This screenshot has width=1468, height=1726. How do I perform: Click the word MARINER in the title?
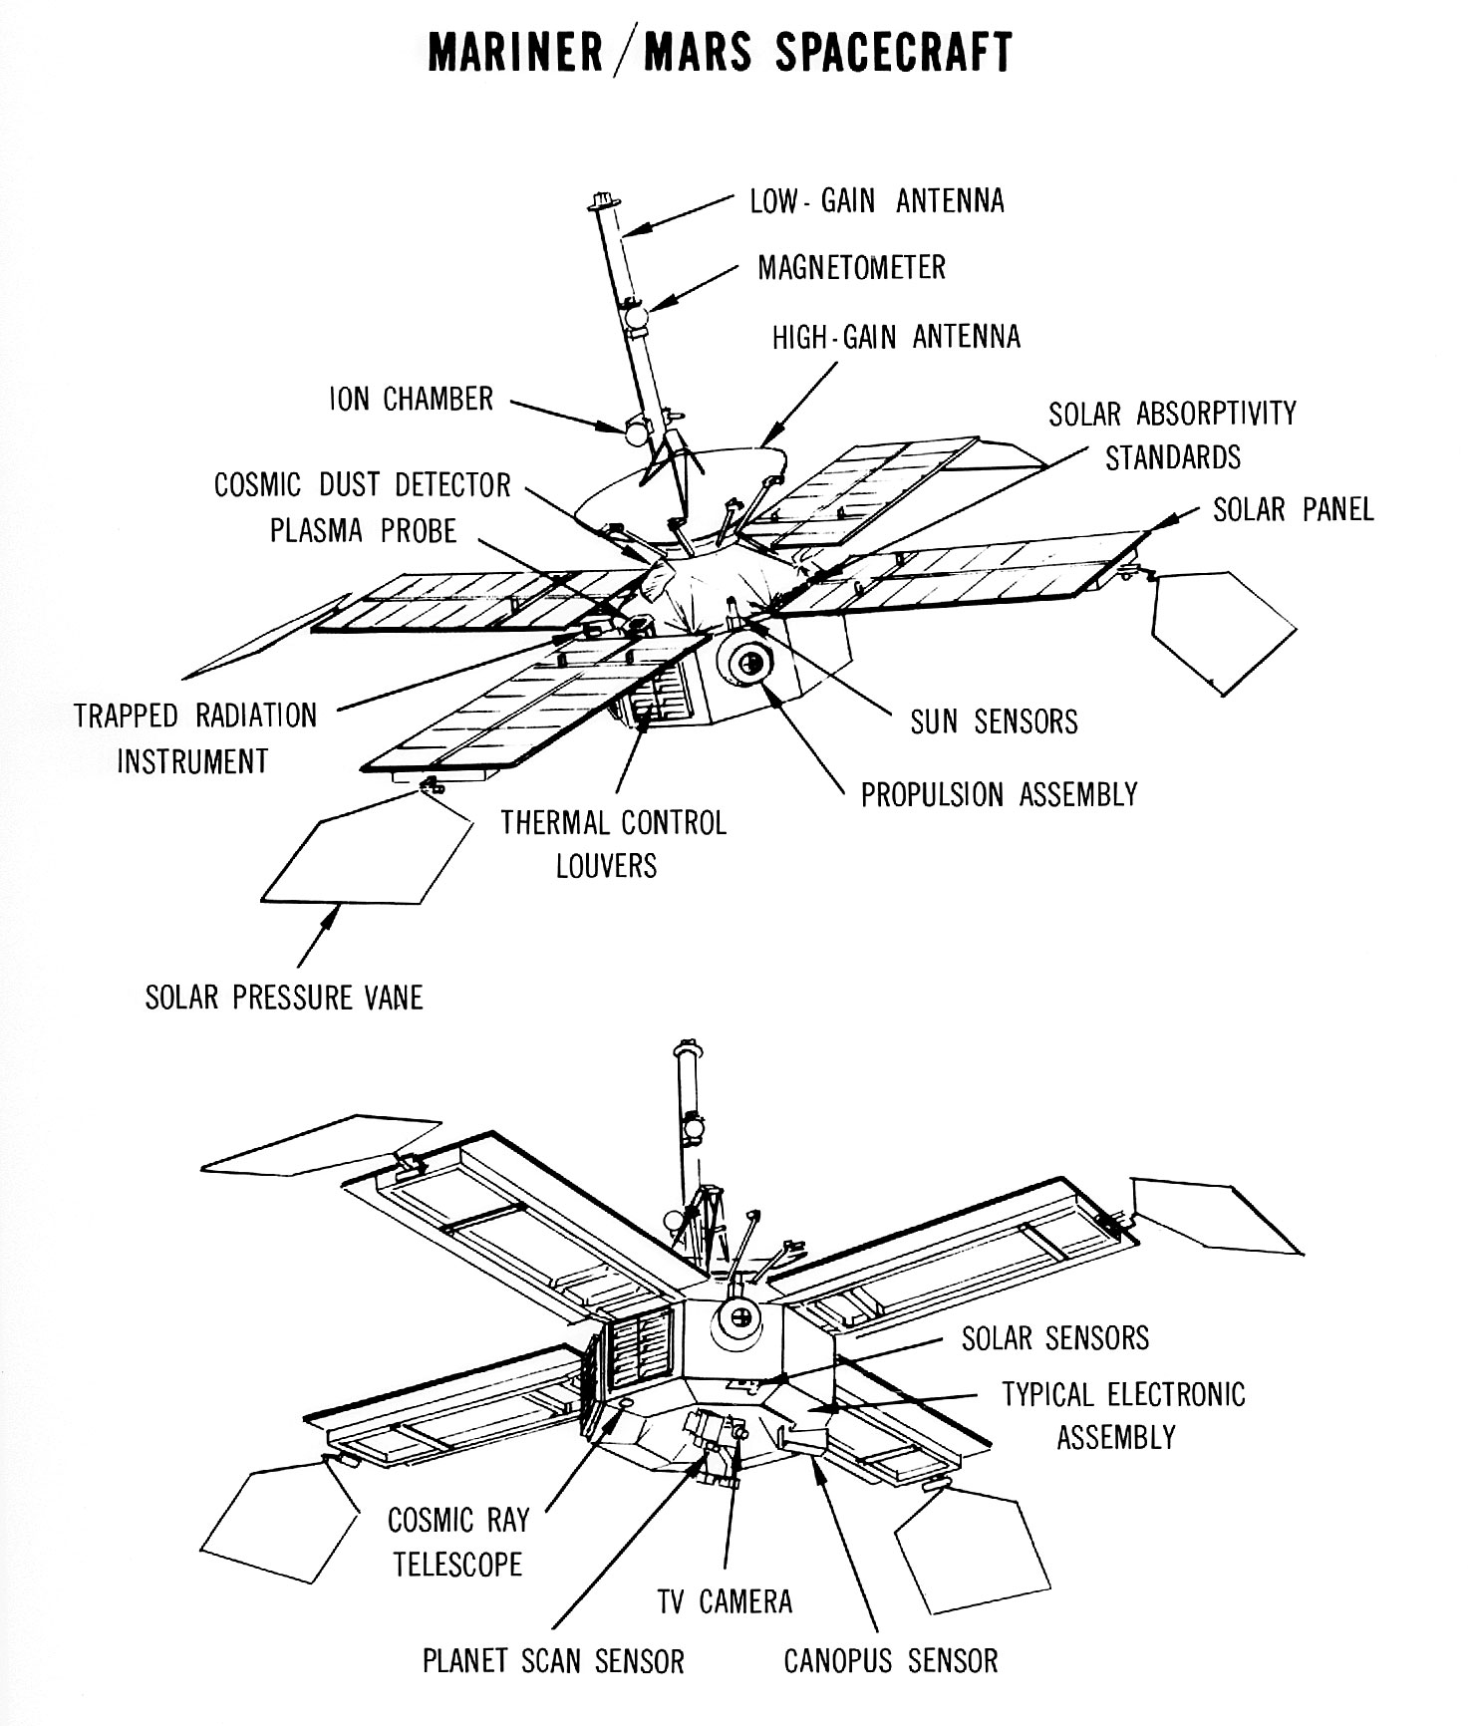pyautogui.click(x=514, y=53)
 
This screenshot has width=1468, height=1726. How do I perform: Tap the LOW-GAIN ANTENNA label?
pyautogui.click(x=877, y=201)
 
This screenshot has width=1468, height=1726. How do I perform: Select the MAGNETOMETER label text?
pyautogui.click(x=851, y=268)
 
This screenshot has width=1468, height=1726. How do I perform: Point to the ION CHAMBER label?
pyautogui.click(x=412, y=400)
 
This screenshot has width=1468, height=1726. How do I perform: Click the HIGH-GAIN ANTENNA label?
pyautogui.click(x=896, y=337)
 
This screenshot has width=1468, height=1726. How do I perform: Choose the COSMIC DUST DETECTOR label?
pyautogui.click(x=363, y=485)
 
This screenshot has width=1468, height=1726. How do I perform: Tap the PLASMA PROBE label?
pyautogui.click(x=363, y=531)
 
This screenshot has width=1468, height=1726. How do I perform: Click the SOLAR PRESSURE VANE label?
pyautogui.click(x=284, y=998)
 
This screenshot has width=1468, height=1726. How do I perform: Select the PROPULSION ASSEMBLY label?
pyautogui.click(x=999, y=795)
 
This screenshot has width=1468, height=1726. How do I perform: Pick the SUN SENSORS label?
pyautogui.click(x=994, y=721)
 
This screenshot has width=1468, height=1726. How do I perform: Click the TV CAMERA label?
pyautogui.click(x=725, y=1601)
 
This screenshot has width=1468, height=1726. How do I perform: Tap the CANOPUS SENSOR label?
pyautogui.click(x=890, y=1661)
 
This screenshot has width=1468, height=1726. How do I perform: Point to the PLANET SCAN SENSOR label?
pyautogui.click(x=553, y=1661)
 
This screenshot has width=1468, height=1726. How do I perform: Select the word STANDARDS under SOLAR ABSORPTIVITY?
pyautogui.click(x=1173, y=458)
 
